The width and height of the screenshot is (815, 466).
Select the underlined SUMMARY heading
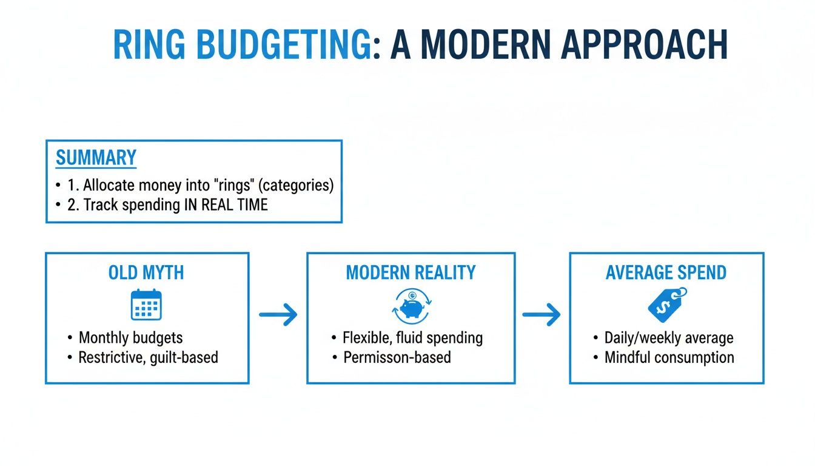point(96,158)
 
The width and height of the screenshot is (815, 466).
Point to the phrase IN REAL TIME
point(226,205)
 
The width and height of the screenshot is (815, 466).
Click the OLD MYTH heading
point(146,272)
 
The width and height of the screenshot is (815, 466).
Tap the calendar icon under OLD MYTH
point(146,305)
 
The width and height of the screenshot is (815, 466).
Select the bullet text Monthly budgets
point(130,338)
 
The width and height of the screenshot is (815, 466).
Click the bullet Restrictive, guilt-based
point(148,357)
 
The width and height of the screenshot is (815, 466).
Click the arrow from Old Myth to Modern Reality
point(278,314)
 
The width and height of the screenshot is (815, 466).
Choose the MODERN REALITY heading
point(411,272)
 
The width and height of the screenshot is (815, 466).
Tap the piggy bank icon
point(411,305)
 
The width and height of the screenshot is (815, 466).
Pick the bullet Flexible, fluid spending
point(412,338)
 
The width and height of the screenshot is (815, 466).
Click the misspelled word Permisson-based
point(397,357)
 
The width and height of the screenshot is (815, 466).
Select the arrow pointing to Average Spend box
point(541,314)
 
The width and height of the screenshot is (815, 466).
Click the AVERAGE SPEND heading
point(666,272)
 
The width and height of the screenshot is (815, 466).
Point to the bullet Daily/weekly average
point(669,338)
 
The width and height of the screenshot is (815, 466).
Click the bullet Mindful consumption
point(669,357)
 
